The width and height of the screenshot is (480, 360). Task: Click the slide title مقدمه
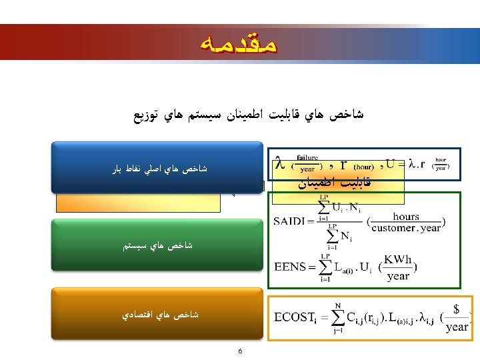(239, 45)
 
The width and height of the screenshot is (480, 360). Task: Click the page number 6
(239, 351)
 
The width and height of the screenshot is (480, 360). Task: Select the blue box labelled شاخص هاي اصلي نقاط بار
(159, 169)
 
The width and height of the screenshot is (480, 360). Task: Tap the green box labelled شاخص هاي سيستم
(158, 246)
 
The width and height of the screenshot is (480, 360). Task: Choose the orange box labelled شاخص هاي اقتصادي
(159, 313)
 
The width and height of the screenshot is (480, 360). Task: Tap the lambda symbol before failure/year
(280, 163)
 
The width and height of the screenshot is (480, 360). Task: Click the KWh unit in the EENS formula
(399, 259)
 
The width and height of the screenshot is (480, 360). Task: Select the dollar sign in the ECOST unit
(456, 309)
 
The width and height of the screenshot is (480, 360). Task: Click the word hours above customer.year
(406, 216)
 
